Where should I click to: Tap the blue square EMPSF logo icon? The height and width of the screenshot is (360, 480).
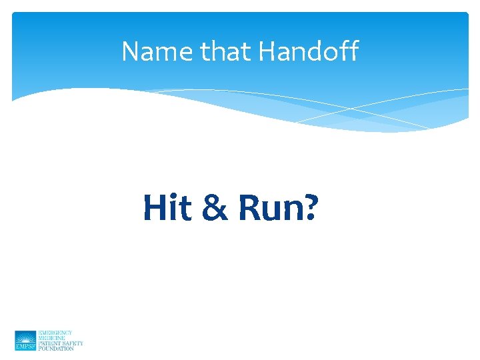coord(25,340)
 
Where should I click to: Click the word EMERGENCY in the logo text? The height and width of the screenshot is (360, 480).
coord(55,332)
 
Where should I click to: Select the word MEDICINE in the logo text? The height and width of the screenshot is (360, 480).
coord(51,337)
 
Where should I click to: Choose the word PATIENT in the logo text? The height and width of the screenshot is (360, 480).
coord(50,343)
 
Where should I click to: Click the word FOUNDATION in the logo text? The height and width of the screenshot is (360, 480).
coord(56,348)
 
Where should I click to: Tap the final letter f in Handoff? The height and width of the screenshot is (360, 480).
coord(353,51)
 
